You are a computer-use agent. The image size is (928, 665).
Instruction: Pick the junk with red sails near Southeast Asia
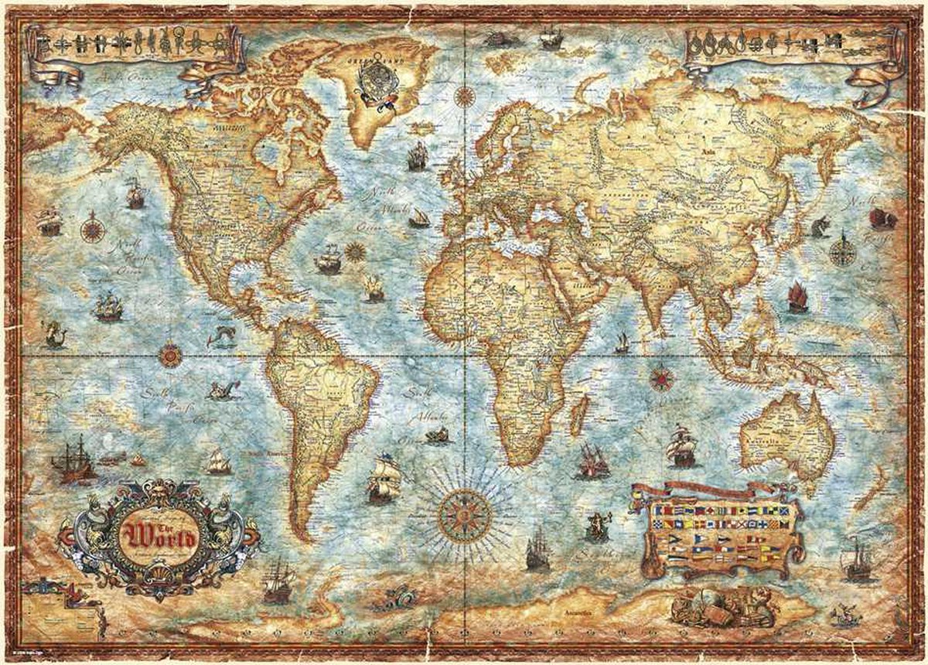(797, 298)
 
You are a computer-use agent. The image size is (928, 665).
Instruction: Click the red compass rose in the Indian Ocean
(660, 378)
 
